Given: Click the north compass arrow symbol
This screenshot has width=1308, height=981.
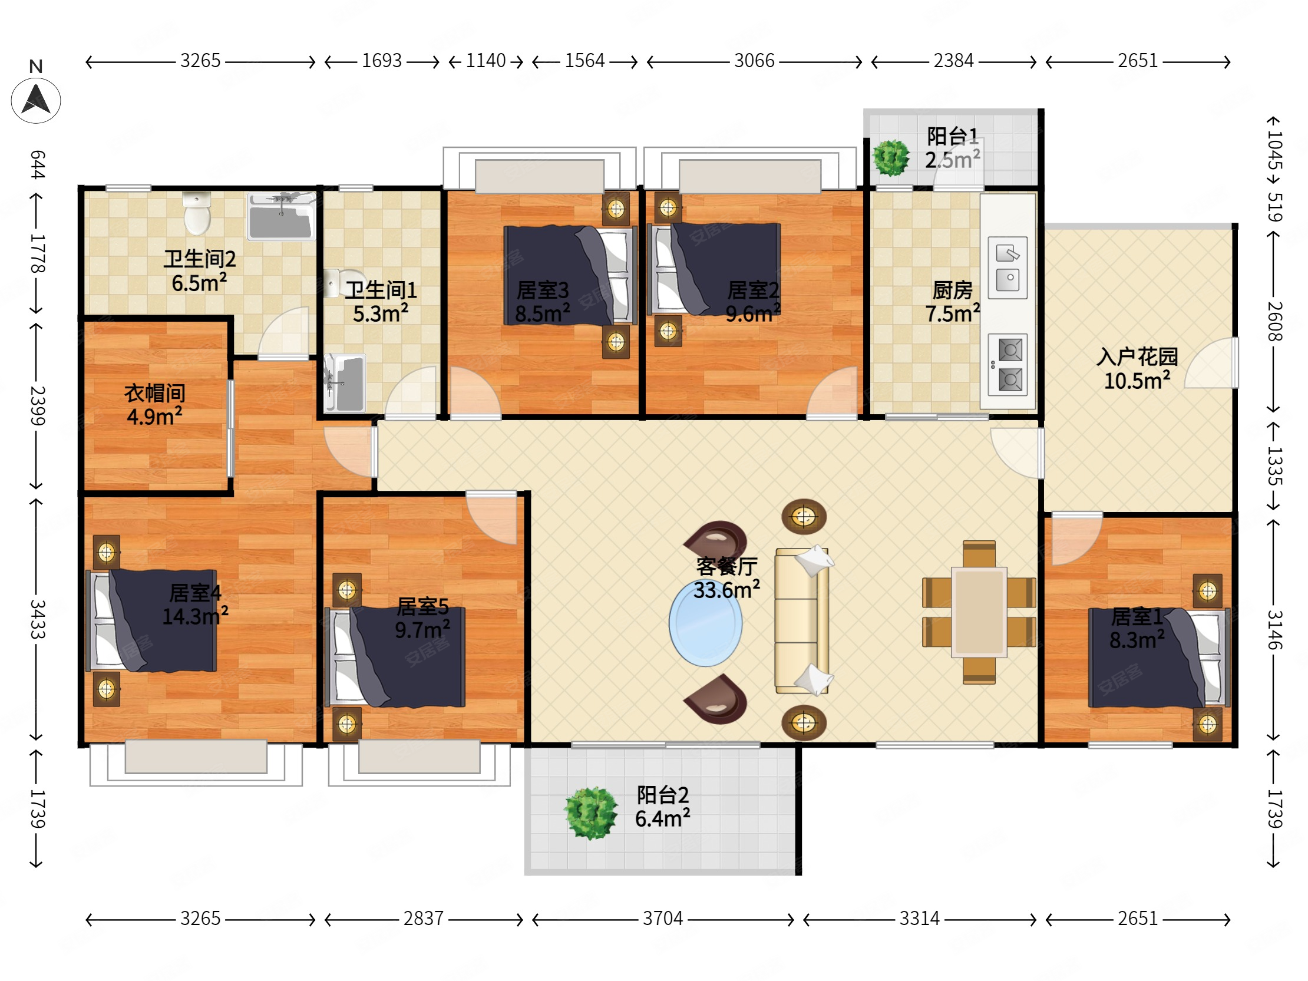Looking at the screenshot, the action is point(35,100).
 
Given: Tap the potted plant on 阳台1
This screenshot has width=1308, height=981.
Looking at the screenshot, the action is point(891,158).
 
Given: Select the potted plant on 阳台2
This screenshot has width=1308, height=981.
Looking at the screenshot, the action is point(591,813).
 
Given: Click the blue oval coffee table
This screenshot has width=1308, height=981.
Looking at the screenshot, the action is point(705,623).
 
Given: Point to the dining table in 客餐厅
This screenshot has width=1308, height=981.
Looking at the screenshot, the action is point(979,612).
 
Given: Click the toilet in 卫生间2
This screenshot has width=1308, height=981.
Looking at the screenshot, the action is point(197,213).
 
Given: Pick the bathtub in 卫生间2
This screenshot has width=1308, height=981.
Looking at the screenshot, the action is point(281,216).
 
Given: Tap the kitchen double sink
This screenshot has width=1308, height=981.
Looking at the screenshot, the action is point(1008,268).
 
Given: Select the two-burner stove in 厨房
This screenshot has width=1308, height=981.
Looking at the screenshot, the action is point(1008,365).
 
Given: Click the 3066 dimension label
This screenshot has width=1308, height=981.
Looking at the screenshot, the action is point(754,61).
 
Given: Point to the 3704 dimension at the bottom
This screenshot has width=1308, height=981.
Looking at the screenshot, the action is point(662,919).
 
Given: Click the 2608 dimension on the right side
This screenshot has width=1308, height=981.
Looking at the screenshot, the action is point(1274,322).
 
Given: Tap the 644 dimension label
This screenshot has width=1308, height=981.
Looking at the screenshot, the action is point(37,164).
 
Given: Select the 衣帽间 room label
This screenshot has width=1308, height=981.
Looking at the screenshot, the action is point(155,393).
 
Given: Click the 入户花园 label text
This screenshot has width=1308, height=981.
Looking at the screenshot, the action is point(1137,356).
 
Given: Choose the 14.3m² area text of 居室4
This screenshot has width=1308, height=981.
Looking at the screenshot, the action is point(195,616).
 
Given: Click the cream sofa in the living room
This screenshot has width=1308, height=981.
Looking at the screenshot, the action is point(802,620).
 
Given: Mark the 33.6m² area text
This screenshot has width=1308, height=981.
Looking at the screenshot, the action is point(726,590).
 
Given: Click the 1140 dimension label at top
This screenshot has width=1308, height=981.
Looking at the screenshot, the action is point(485,61).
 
